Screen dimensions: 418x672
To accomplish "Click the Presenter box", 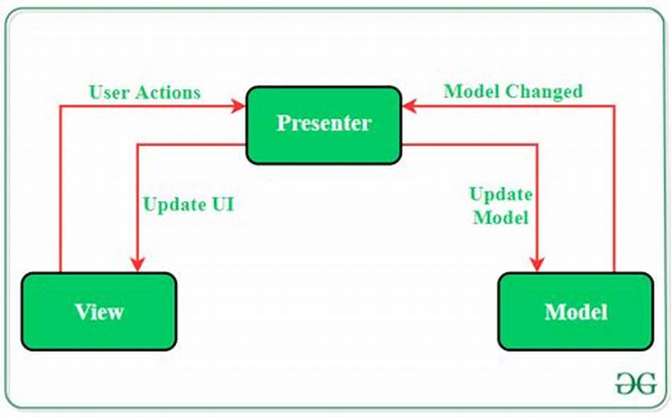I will pyautogui.click(x=323, y=124).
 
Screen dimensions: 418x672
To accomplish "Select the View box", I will pyautogui.click(x=99, y=312).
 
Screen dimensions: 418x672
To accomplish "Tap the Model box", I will pyautogui.click(x=575, y=312).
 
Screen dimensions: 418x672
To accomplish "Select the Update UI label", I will pyautogui.click(x=188, y=204).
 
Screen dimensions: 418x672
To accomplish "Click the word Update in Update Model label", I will pyautogui.click(x=500, y=194).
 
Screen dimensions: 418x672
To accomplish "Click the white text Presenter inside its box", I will pyautogui.click(x=323, y=124).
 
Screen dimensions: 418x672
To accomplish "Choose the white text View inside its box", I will pyautogui.click(x=99, y=312).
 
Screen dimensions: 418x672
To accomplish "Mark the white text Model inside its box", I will pyautogui.click(x=575, y=312).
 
